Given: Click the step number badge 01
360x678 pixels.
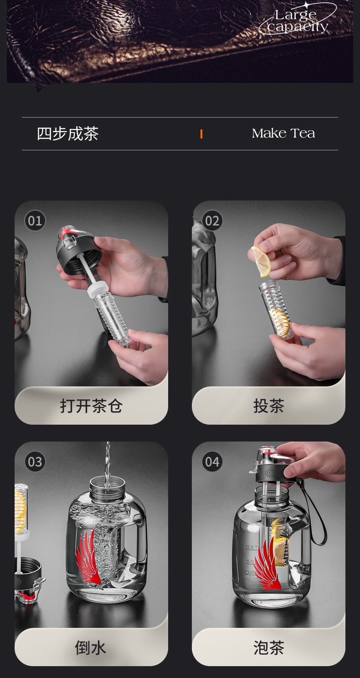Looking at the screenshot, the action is coord(35,221).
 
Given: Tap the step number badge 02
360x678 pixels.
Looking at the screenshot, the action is coord(212,221).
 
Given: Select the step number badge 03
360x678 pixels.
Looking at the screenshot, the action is coord(35,462).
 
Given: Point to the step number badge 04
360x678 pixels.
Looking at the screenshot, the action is coord(212,462).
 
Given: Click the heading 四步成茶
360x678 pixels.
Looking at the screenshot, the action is coord(67,134).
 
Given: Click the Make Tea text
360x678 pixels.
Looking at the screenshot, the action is coord(283,134).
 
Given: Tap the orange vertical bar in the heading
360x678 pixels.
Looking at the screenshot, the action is coord(201,134).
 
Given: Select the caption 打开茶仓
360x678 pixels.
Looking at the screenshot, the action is coord(91,406).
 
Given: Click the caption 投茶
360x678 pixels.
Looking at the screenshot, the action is coord(268,406).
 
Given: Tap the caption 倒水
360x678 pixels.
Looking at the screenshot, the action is coord(91,648).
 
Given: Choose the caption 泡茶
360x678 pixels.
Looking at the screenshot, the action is coord(268,648).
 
